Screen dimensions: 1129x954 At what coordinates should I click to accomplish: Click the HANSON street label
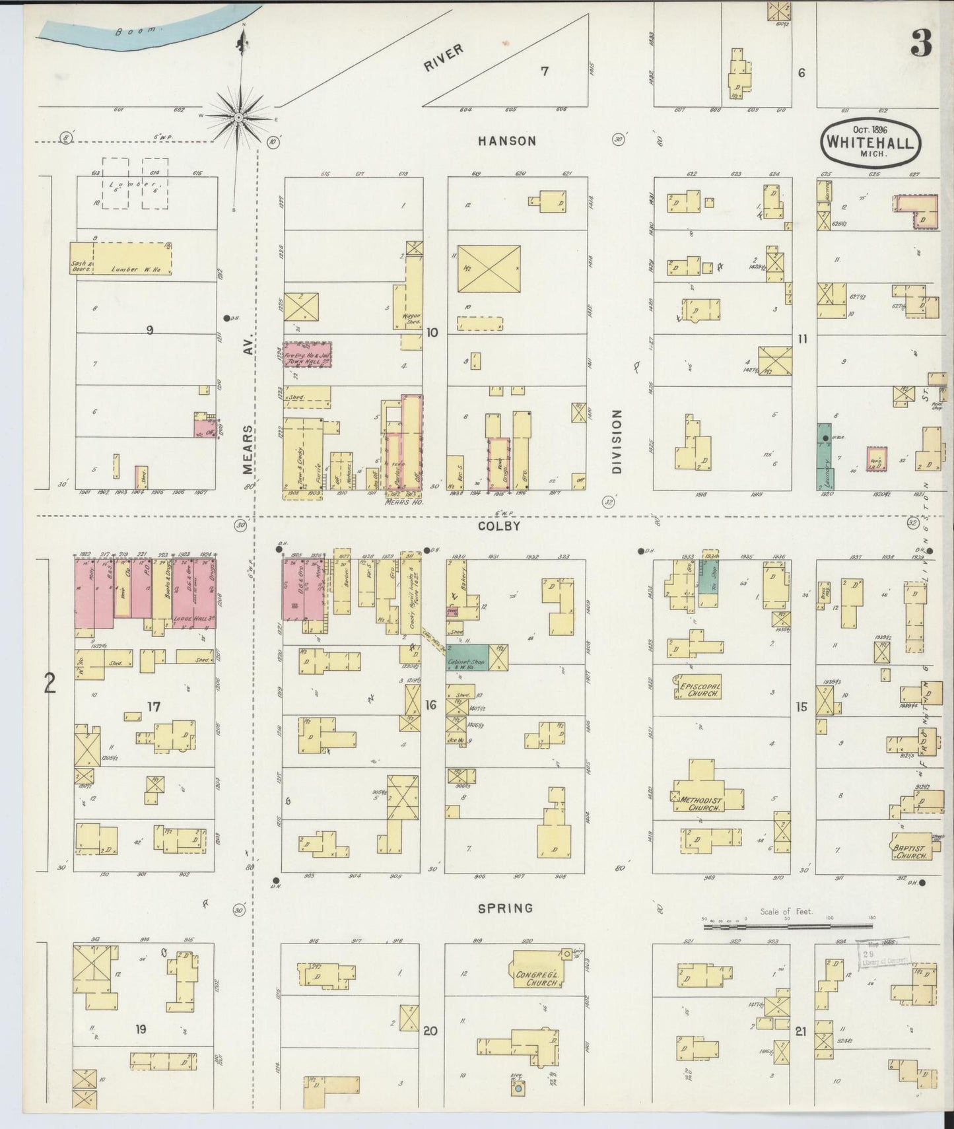[x=507, y=141]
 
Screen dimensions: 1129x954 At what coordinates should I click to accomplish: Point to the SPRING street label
[x=506, y=908]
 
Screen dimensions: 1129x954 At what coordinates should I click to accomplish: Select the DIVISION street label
[x=617, y=442]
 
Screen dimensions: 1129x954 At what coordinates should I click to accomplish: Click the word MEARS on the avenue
[x=248, y=450]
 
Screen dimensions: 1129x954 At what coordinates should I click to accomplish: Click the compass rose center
[x=238, y=117]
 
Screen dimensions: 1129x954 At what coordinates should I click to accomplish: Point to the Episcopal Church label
[x=697, y=690]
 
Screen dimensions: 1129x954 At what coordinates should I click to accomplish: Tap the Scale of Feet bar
[x=785, y=926]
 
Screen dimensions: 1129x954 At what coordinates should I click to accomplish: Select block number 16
[x=430, y=706]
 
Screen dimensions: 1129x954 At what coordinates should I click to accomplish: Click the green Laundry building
[x=825, y=456]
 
